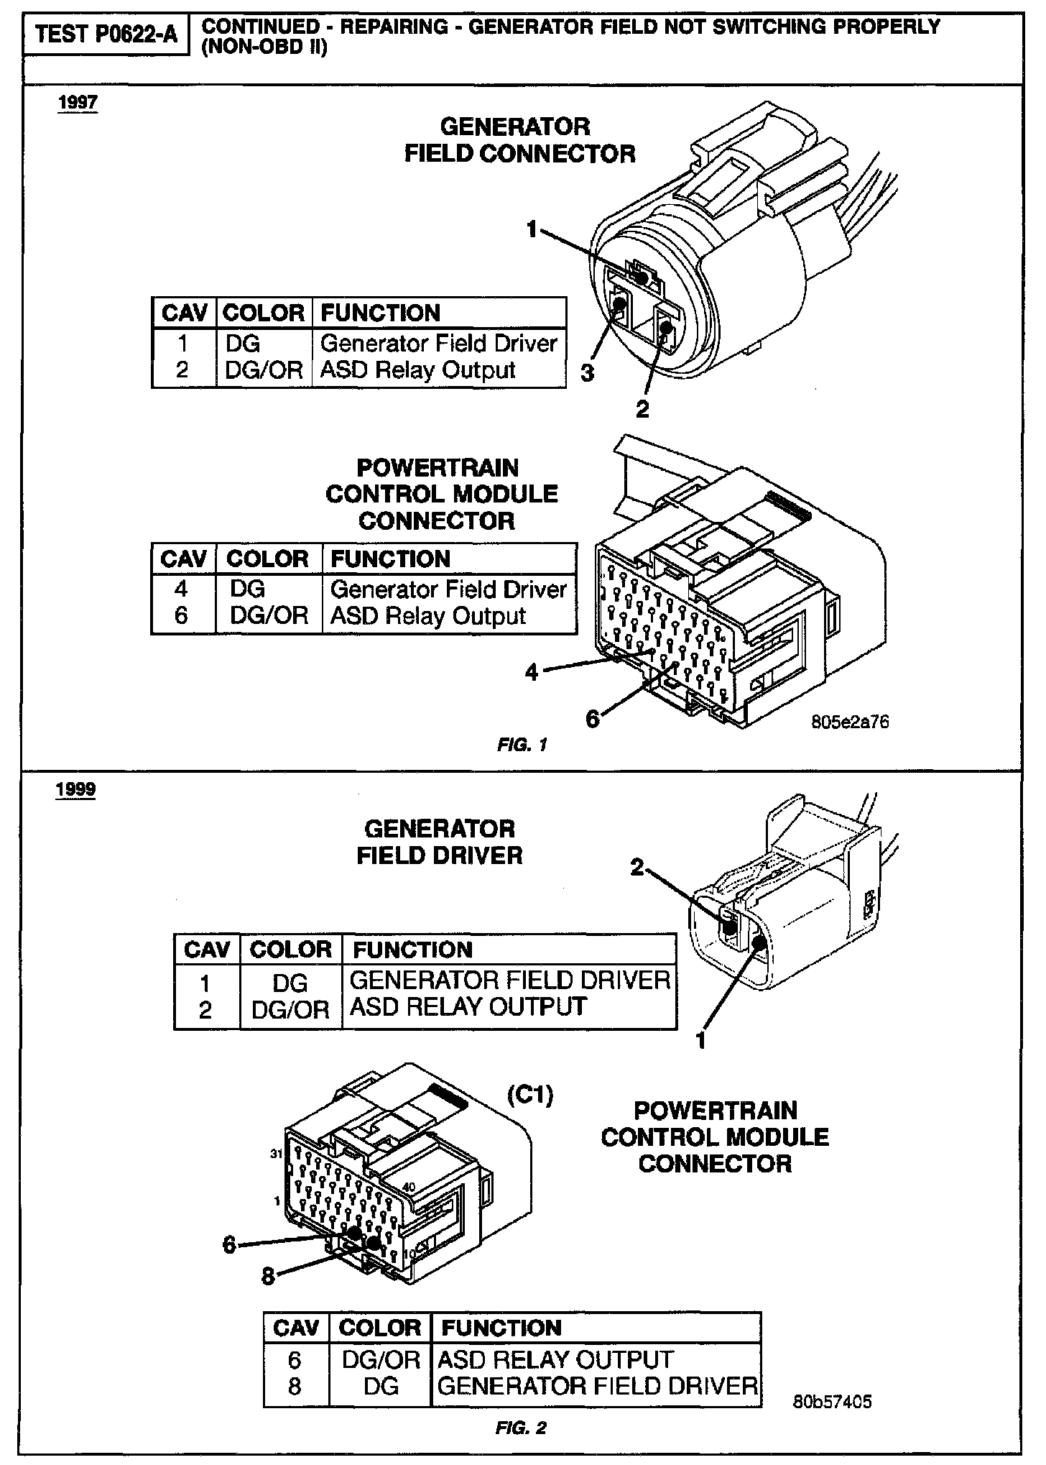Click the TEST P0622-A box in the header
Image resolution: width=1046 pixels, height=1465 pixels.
[106, 34]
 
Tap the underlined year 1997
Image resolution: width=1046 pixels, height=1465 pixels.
[78, 103]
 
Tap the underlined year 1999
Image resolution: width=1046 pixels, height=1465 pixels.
[75, 789]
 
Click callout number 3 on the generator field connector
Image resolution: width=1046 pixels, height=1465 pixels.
[588, 374]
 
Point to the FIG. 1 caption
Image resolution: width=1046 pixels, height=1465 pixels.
[522, 745]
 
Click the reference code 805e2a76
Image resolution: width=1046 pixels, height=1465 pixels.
[850, 722]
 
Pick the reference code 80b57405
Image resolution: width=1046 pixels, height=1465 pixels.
[833, 1402]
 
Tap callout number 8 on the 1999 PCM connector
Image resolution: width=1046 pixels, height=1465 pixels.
[268, 1277]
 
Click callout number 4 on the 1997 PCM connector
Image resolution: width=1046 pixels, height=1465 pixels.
[532, 674]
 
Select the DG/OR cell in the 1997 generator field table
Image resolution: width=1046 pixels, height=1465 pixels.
[264, 370]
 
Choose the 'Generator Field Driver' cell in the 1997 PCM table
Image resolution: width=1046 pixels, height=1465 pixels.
[448, 589]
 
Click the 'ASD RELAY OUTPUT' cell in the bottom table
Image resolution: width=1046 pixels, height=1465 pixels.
[555, 1359]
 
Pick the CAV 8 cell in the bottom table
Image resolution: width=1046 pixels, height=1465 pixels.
[295, 1386]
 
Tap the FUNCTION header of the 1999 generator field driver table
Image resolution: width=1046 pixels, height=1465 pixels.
[412, 950]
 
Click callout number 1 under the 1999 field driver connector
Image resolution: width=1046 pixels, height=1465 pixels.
[701, 1040]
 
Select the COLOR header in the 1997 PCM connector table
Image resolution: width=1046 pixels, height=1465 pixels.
[267, 559]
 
